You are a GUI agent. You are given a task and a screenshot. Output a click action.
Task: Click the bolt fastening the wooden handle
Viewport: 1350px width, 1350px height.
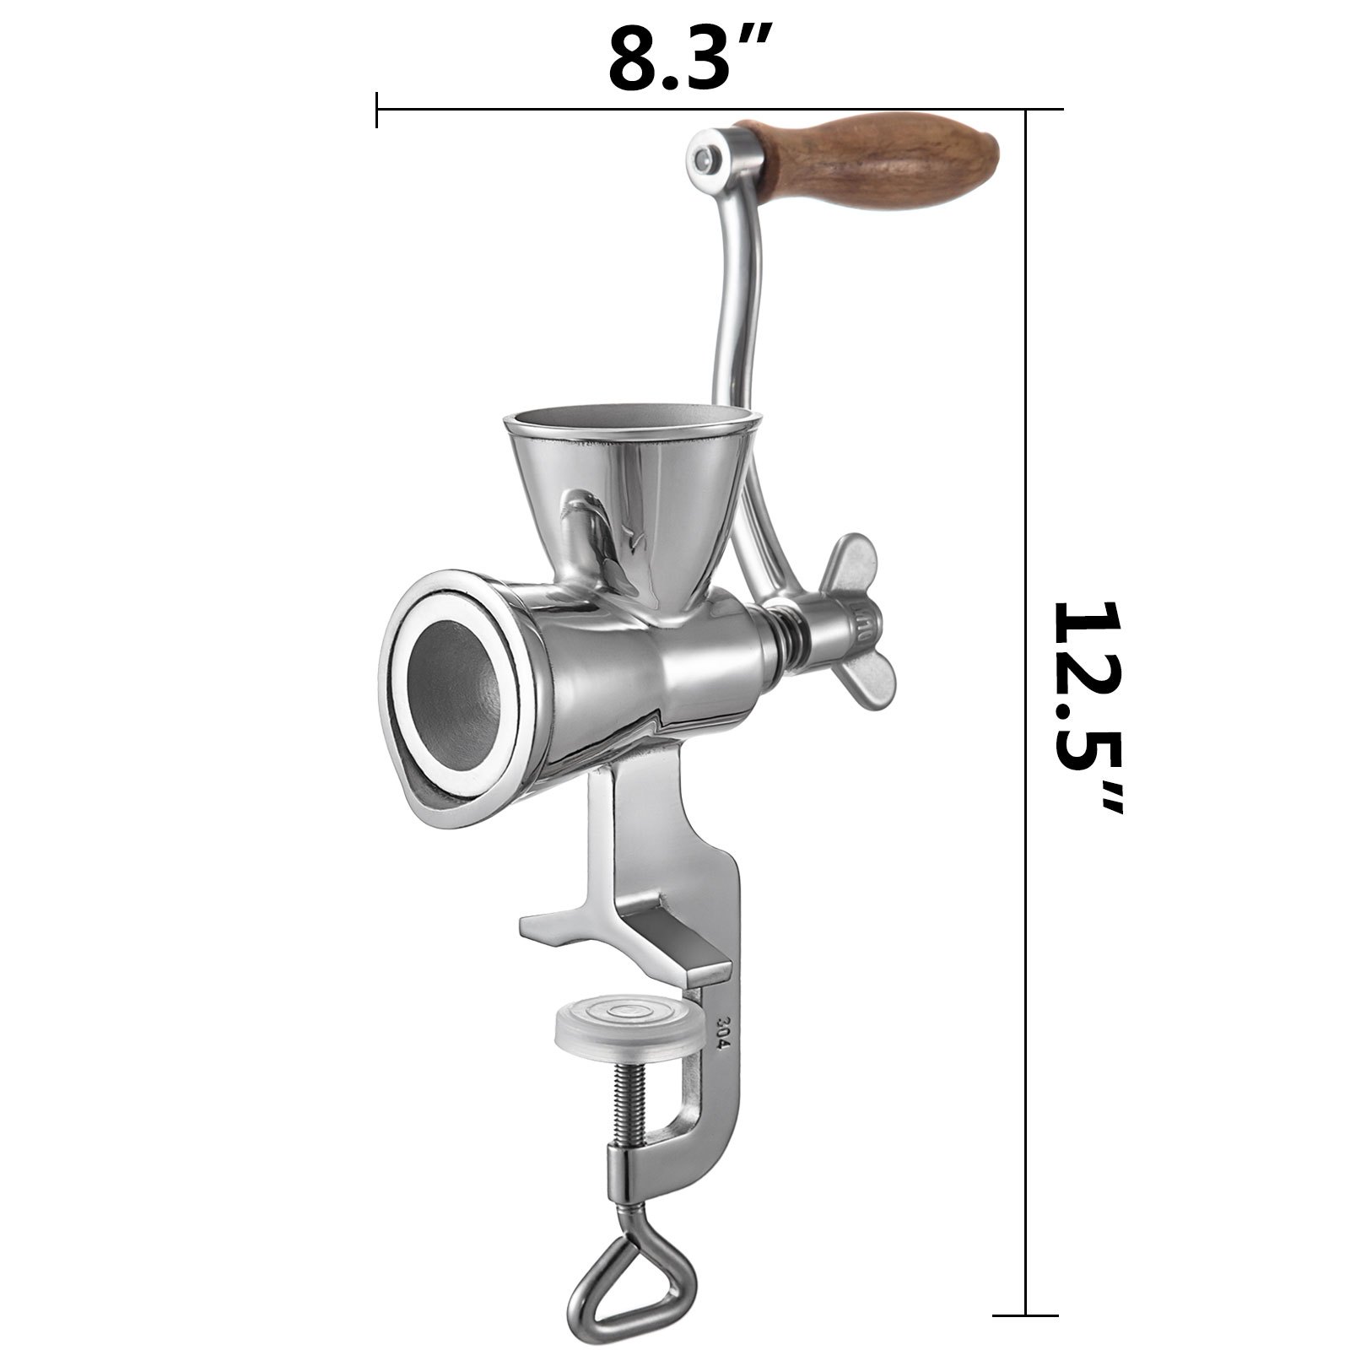tap(702, 157)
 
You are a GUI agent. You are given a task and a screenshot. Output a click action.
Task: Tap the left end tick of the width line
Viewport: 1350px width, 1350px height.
tap(376, 110)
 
